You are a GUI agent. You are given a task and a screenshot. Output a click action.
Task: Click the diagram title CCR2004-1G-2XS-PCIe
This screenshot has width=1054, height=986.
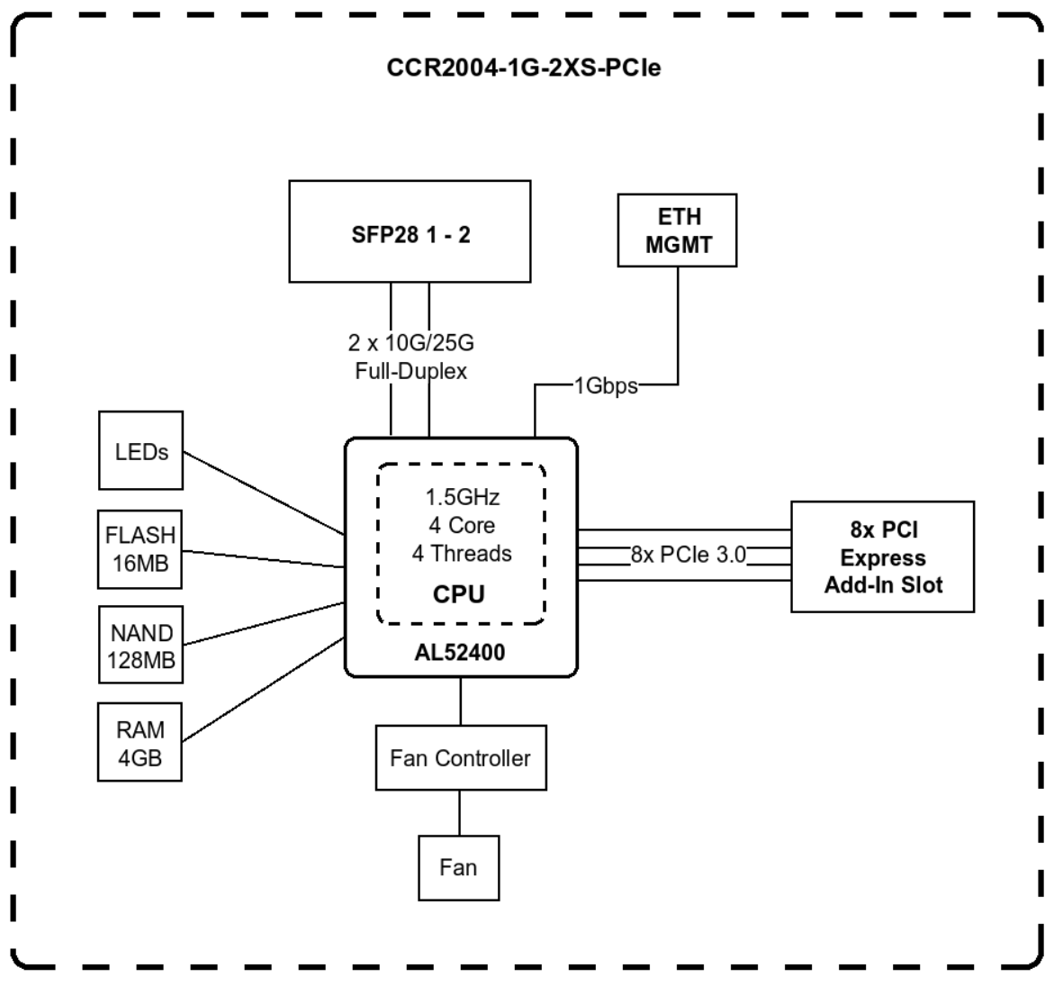click(523, 68)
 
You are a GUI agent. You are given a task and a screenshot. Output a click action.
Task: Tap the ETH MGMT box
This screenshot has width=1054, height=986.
click(677, 231)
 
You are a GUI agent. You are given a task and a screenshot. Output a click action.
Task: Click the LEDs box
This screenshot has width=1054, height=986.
click(140, 450)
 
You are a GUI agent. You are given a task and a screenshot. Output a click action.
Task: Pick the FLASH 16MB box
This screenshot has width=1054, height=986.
click(140, 548)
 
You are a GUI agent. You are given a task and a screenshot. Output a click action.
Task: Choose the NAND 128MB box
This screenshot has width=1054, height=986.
click(140, 646)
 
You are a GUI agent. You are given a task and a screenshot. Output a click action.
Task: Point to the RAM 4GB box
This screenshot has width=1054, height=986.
click(140, 743)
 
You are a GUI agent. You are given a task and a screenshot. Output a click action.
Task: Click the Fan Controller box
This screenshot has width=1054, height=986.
click(460, 758)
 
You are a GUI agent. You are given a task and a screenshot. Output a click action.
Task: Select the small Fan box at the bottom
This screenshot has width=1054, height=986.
click(458, 867)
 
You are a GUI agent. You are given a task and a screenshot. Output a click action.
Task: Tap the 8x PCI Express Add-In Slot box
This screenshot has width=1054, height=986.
click(882, 557)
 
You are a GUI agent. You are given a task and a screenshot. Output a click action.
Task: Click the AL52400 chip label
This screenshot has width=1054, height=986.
click(460, 653)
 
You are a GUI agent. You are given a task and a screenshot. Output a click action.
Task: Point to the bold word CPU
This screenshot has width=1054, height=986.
click(459, 594)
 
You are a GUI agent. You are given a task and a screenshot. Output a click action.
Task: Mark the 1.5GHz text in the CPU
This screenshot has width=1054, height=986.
click(462, 497)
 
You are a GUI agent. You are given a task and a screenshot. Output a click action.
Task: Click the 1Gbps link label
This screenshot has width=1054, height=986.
click(606, 386)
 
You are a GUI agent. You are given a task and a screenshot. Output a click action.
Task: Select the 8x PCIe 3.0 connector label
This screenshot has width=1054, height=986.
click(689, 555)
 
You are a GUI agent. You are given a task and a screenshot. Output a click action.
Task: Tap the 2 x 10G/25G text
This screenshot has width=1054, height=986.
click(410, 343)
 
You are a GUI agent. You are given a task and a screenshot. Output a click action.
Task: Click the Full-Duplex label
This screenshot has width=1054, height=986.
click(410, 371)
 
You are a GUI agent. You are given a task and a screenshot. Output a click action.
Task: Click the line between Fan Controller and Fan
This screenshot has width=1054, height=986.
click(460, 812)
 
